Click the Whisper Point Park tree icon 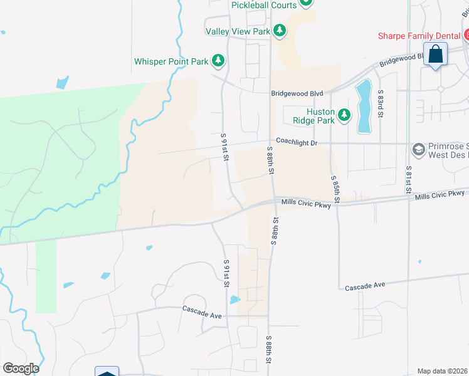218,61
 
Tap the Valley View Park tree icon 280,30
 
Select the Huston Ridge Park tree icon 344,115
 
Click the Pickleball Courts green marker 305,3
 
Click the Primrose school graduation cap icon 418,150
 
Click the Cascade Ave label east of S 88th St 363,285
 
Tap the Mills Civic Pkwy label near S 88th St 306,202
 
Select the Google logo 21,368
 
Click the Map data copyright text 442,371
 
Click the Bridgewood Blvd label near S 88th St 293,93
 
